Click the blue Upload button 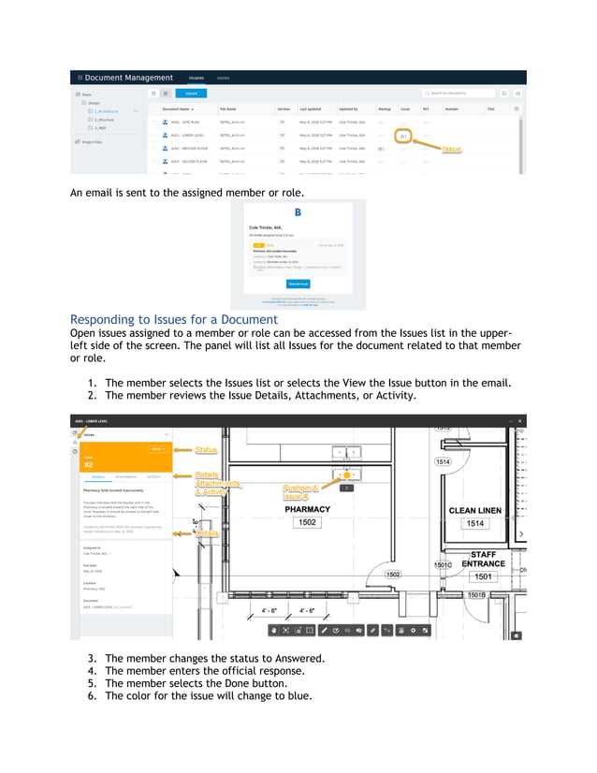tap(191, 94)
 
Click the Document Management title tap(129, 78)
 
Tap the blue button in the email tap(298, 283)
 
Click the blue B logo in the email tap(298, 212)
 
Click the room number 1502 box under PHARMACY tap(307, 523)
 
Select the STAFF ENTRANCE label tap(483, 559)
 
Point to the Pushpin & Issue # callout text tap(302, 492)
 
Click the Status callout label tap(206, 450)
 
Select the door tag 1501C tap(443, 565)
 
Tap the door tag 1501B tap(476, 594)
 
